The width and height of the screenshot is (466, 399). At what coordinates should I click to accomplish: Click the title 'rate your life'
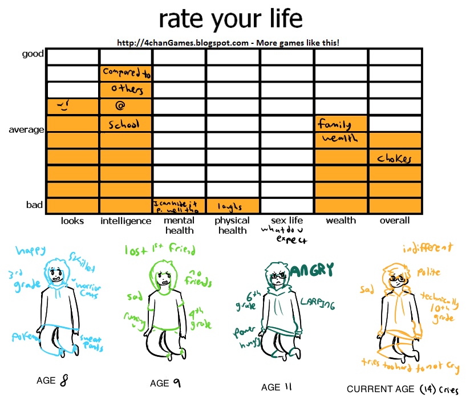point(230,19)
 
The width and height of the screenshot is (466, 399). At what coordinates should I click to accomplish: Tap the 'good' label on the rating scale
point(33,54)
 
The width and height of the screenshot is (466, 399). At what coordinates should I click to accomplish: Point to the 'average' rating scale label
point(26,130)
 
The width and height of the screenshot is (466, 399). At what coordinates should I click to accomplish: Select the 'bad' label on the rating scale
point(34,205)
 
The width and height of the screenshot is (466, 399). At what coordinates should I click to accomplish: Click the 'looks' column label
point(72,221)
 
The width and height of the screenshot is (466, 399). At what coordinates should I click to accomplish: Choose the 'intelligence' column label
point(125,221)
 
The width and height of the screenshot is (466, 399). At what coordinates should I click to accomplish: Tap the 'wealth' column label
point(341,221)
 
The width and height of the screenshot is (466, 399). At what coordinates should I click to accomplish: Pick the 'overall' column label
point(395,221)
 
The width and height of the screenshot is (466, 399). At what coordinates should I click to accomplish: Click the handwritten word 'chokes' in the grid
point(394,159)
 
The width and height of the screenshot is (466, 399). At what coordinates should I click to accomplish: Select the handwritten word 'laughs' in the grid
point(230,207)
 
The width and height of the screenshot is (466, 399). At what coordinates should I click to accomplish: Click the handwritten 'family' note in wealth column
point(334,124)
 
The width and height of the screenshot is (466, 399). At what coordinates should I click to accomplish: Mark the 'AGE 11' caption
point(277,387)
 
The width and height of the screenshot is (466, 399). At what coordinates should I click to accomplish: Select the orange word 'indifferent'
point(428,247)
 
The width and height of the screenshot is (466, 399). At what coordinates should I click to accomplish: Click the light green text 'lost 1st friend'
point(160,250)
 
